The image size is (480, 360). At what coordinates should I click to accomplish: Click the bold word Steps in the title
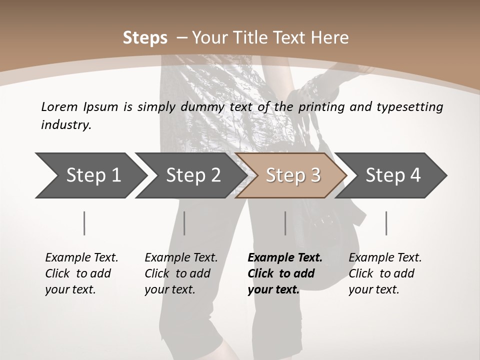[145, 38]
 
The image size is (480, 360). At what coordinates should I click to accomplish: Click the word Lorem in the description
[59, 106]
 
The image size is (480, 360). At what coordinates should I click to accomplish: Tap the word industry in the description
[66, 125]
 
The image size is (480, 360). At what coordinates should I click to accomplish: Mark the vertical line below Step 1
[84, 223]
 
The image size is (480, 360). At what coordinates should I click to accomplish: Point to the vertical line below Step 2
[184, 223]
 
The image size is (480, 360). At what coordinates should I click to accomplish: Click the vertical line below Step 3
[285, 223]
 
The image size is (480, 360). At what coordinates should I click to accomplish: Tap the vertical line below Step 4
[386, 223]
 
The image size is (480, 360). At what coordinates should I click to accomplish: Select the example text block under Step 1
[81, 273]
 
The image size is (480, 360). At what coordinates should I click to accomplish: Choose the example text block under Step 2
[181, 273]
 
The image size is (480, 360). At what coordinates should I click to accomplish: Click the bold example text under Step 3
[285, 273]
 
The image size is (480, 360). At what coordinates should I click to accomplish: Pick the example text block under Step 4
[385, 273]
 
